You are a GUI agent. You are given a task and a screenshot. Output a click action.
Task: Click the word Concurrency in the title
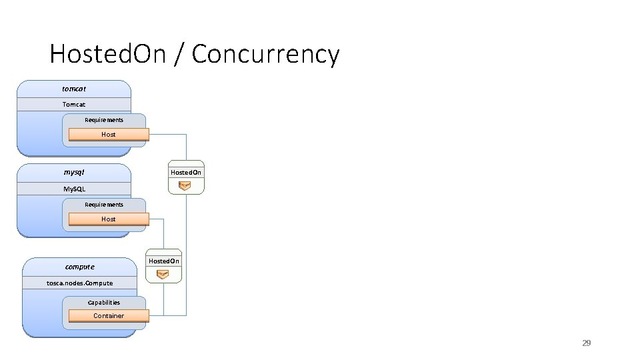265,54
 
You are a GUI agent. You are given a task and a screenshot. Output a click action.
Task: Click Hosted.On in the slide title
107,53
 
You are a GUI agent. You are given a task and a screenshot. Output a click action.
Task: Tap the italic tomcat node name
74,88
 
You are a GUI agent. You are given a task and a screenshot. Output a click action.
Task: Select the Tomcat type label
74,104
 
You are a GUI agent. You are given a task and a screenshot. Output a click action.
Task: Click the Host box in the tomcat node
108,134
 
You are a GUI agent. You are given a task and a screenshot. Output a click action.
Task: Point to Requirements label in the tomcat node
104,120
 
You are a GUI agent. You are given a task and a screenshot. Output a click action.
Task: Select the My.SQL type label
74,189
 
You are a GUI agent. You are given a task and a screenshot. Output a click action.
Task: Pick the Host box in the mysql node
108,219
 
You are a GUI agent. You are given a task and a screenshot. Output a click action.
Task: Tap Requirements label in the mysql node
104,205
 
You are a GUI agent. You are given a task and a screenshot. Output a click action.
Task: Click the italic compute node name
79,267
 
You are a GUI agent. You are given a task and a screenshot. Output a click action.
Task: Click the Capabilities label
104,302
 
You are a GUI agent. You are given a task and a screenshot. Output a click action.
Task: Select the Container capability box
108,315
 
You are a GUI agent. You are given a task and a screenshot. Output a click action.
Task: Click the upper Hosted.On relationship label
186,172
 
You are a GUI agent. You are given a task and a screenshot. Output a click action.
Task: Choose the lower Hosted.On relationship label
163,261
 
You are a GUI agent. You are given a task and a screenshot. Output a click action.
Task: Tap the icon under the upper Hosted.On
185,185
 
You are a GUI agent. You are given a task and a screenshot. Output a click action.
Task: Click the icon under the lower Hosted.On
163,274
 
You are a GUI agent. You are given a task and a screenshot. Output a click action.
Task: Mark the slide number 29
587,343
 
